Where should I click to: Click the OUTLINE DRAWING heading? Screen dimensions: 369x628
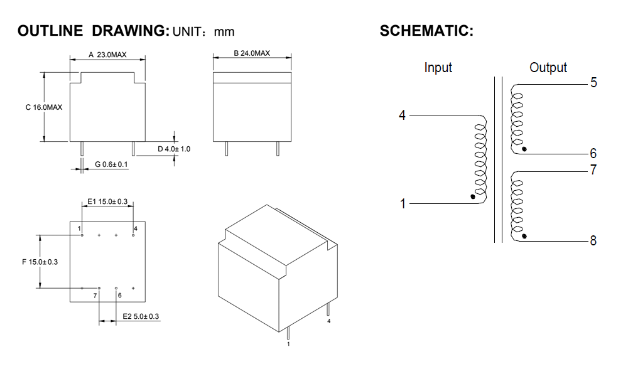(93, 31)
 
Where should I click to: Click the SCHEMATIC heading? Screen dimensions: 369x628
(426, 31)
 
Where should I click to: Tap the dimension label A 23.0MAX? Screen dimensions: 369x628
(107, 55)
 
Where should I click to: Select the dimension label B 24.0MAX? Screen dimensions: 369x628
(252, 53)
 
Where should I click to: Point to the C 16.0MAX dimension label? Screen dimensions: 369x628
(44, 107)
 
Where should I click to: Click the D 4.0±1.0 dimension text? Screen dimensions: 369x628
(173, 149)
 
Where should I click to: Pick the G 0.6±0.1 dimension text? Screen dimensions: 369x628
(111, 164)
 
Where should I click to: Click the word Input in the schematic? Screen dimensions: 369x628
(438, 68)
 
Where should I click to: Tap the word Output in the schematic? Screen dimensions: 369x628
(548, 68)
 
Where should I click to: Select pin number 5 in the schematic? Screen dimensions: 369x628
(593, 83)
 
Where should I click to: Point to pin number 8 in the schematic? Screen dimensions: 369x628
(593, 240)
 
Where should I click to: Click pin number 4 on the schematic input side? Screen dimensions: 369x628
(403, 115)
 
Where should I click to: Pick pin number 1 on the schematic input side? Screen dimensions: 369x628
(403, 204)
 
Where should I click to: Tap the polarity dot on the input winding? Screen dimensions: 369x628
(472, 196)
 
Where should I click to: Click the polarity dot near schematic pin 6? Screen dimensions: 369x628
(524, 149)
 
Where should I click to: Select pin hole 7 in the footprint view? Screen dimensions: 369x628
(99, 288)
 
